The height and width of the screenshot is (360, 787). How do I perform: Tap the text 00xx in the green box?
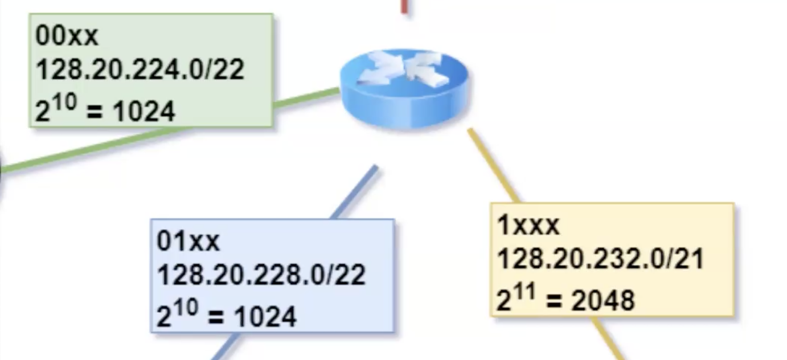(67, 36)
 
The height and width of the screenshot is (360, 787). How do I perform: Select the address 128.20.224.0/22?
(140, 70)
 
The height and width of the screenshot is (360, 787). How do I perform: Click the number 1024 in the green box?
(144, 112)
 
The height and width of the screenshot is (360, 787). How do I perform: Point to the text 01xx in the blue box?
(188, 242)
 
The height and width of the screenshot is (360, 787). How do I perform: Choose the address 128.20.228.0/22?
(261, 276)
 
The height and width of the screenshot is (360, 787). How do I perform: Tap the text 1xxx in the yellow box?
(528, 226)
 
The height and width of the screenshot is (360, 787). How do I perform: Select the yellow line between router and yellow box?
(493, 165)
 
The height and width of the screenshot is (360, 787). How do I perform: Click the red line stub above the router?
(404, 6)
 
